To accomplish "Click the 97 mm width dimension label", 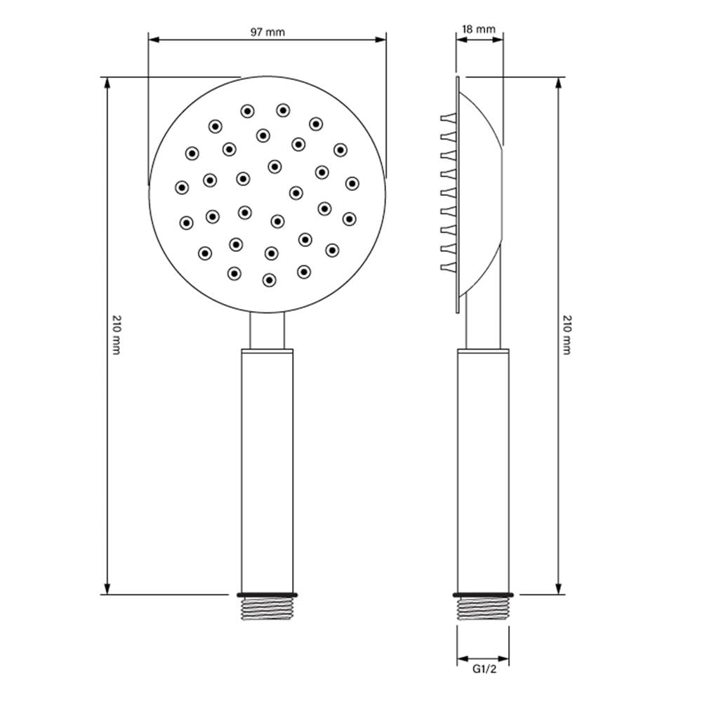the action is (x=267, y=32).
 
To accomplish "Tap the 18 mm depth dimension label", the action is (x=479, y=29).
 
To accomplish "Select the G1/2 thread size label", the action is (x=484, y=669).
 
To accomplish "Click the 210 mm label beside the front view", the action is (x=117, y=335).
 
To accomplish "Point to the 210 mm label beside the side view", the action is (x=567, y=335).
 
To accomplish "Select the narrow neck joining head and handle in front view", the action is (x=267, y=331).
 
